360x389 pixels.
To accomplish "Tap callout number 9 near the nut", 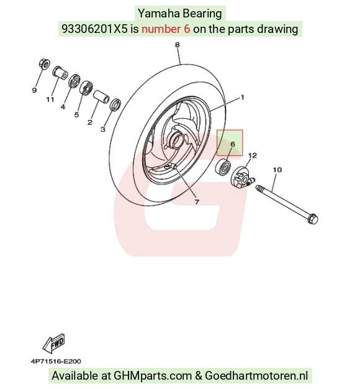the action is point(34,90).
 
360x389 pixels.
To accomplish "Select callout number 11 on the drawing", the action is point(50,99).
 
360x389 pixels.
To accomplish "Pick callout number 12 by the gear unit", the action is point(253,155).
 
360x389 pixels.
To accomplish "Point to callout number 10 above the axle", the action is point(277,170).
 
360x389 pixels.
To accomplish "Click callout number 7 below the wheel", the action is point(197,202).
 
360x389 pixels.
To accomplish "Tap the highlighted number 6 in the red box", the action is point(232,144).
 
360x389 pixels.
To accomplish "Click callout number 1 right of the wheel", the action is point(243,97).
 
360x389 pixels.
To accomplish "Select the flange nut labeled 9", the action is point(44,64).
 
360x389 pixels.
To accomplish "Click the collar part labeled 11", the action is point(60,73).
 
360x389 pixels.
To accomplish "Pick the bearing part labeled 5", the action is point(86,88).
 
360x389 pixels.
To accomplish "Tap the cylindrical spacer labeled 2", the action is point(101,97).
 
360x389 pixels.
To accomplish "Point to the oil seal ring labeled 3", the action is point(115,104).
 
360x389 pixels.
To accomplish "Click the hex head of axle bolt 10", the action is point(312,219).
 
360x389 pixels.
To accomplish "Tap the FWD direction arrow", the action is point(54,344).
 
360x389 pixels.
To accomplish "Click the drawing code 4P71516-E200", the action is point(56,361).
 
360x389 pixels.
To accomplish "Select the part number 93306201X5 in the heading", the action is point(94,29).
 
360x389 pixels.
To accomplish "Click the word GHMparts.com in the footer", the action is point(153,375).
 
